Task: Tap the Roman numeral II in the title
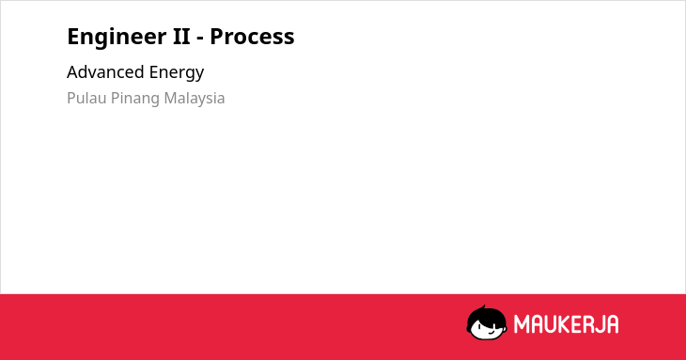point(181,36)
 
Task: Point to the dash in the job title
point(200,39)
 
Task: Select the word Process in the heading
point(252,37)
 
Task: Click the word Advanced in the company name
point(105,71)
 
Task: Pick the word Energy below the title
point(177,73)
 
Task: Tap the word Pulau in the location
point(86,98)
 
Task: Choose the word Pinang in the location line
point(135,99)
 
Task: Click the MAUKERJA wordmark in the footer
point(566,324)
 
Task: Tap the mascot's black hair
point(486,316)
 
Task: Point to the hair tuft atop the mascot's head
point(484,307)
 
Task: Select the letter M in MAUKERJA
point(522,324)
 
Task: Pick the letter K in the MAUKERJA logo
point(563,324)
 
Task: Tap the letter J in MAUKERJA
point(600,324)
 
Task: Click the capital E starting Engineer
point(73,37)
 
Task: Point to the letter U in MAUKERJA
point(550,324)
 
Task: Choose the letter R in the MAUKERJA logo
point(589,324)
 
